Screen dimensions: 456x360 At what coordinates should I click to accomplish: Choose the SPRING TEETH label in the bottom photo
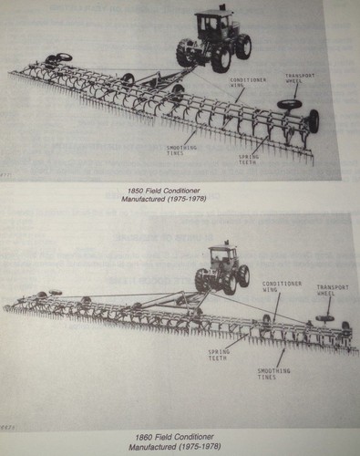coord(218,355)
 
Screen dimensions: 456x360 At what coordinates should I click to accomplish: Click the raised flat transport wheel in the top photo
coord(291,104)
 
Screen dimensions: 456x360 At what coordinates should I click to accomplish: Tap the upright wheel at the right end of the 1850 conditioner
coord(314,120)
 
